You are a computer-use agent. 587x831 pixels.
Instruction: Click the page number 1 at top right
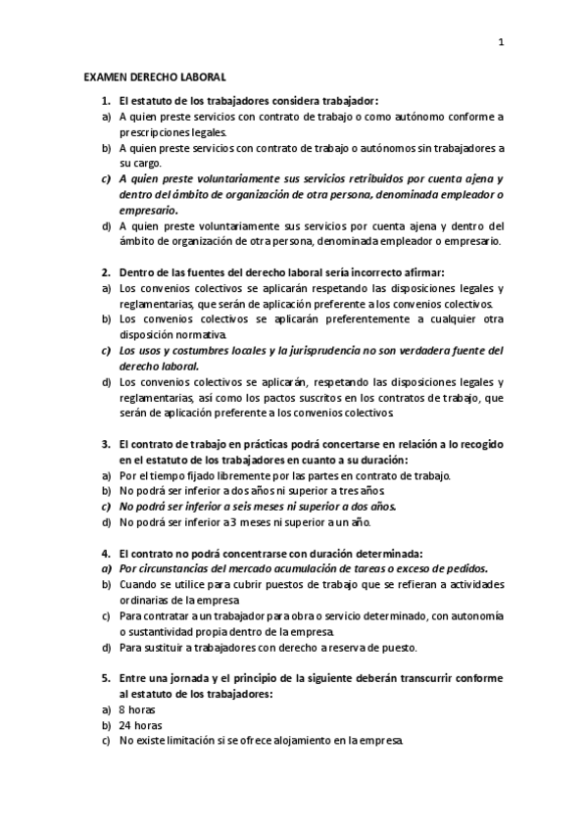tap(501, 42)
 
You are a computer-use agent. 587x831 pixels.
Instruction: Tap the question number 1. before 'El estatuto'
tap(106, 100)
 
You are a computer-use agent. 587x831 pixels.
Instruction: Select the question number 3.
tap(106, 443)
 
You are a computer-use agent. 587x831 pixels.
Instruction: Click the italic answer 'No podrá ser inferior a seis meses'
tap(210, 507)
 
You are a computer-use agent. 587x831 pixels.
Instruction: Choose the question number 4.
tap(106, 553)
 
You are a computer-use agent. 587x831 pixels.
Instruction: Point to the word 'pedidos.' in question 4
tap(465, 568)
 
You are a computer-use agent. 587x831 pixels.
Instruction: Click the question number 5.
tap(106, 678)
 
